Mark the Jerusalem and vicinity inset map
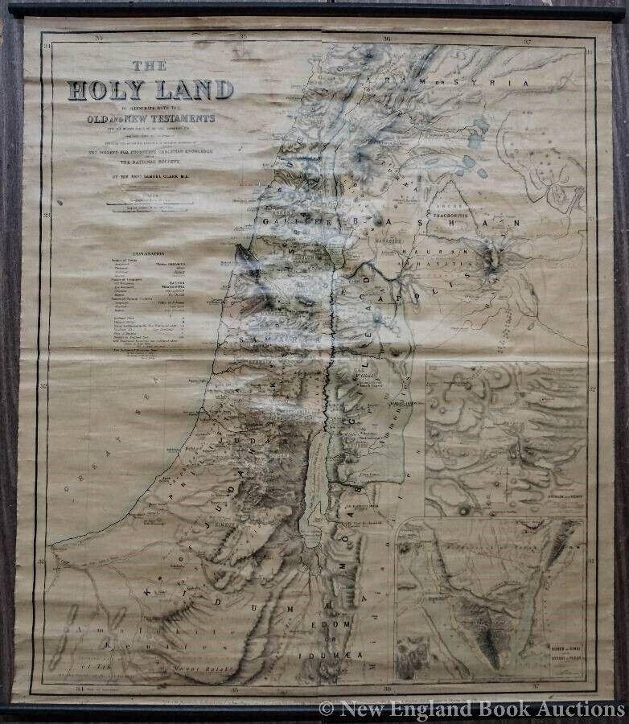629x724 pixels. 506,438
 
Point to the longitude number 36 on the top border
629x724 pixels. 387,38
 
